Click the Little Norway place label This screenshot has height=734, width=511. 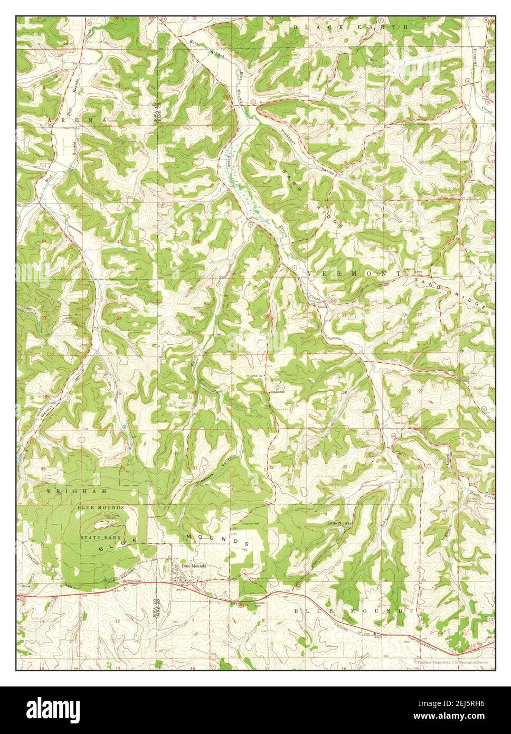click(x=338, y=523)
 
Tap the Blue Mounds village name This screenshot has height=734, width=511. click(x=194, y=566)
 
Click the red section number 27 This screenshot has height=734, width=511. click(x=420, y=391)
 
